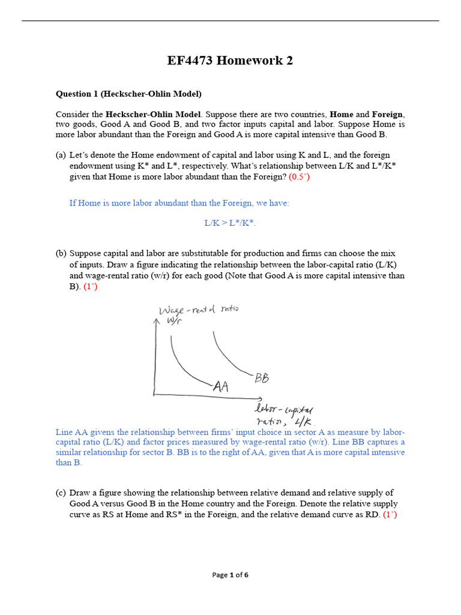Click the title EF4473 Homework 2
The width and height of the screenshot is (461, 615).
230,61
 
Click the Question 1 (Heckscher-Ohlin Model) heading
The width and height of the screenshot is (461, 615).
128,94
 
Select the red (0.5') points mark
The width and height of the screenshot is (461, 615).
300,177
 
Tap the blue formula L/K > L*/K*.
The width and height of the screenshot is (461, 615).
230,223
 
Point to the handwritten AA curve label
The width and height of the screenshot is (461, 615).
220,387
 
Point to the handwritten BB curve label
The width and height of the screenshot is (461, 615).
262,378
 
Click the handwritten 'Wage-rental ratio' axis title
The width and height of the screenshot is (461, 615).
198,310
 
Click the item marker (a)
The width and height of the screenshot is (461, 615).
61,155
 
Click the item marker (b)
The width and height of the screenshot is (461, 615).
61,253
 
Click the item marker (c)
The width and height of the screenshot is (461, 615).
61,492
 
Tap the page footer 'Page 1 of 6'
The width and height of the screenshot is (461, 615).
230,575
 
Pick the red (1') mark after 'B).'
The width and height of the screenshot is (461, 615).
91,287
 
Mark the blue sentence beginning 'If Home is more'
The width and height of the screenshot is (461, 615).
179,203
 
